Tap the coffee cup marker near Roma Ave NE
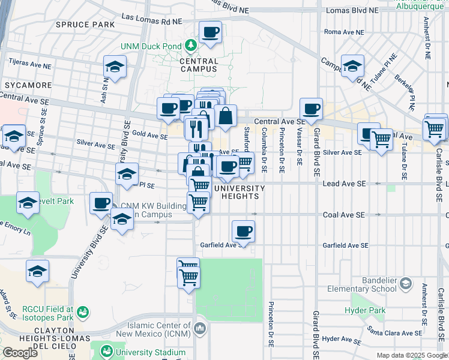(x=210, y=32)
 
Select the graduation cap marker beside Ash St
(x=115, y=67)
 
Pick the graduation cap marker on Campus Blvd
(x=352, y=66)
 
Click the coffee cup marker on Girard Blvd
(x=311, y=109)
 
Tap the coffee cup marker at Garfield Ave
(x=243, y=232)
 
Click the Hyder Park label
(x=364, y=310)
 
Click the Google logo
(x=20, y=353)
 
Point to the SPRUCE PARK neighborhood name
(x=85, y=25)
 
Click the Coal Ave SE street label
(x=341, y=215)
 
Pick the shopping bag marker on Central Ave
(x=226, y=116)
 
